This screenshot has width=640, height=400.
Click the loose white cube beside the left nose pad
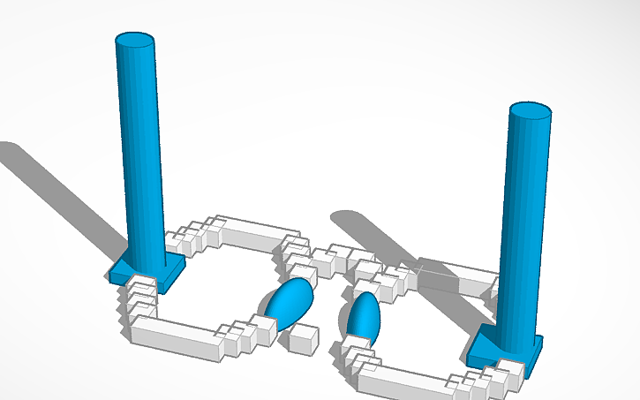click(304, 338)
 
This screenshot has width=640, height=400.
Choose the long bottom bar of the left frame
click(177, 336)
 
